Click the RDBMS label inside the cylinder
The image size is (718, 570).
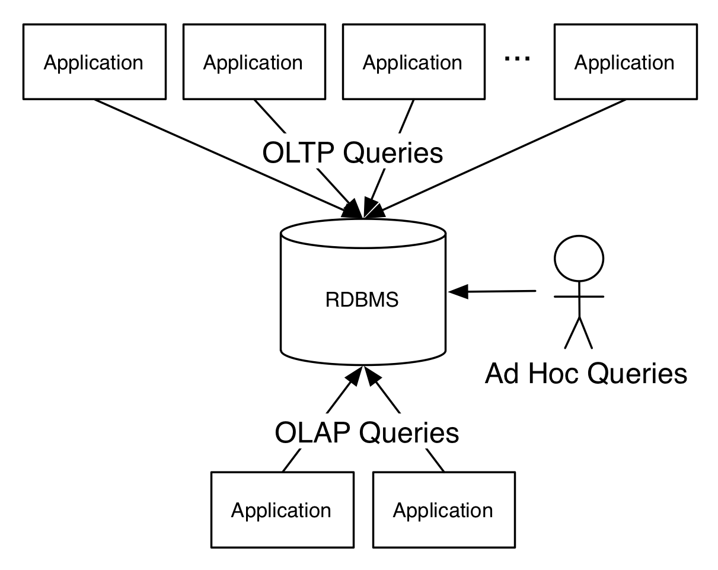362,300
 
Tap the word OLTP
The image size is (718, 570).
298,153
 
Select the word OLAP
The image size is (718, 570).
312,432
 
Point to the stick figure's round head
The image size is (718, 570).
579,259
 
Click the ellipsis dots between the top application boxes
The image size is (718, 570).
517,59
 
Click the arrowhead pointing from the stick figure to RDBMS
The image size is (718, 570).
458,292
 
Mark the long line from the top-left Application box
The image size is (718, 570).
227,158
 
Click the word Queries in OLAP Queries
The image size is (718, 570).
409,433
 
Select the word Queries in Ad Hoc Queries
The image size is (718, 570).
637,374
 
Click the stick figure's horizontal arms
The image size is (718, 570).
579,297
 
